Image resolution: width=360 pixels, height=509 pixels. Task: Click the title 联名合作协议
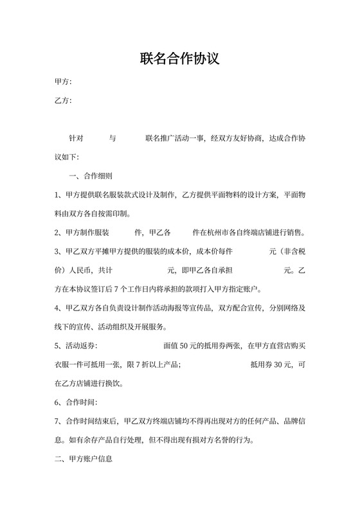(180, 59)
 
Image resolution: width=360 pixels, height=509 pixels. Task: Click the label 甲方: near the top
(63, 82)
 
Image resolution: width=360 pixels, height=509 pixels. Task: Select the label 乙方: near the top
(63, 101)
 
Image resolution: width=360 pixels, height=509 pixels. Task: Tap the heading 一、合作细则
(91, 175)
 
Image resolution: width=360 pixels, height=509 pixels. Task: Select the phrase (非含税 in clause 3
(292, 251)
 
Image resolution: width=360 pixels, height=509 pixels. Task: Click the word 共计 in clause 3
(105, 270)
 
